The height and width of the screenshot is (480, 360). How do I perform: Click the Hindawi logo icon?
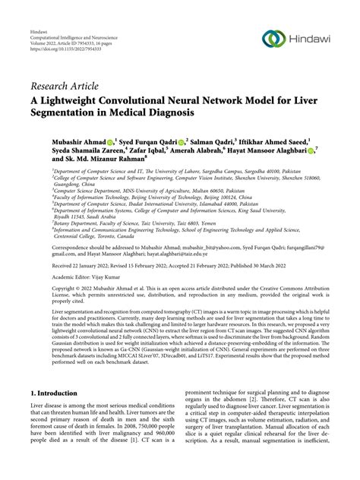click(x=271, y=37)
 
